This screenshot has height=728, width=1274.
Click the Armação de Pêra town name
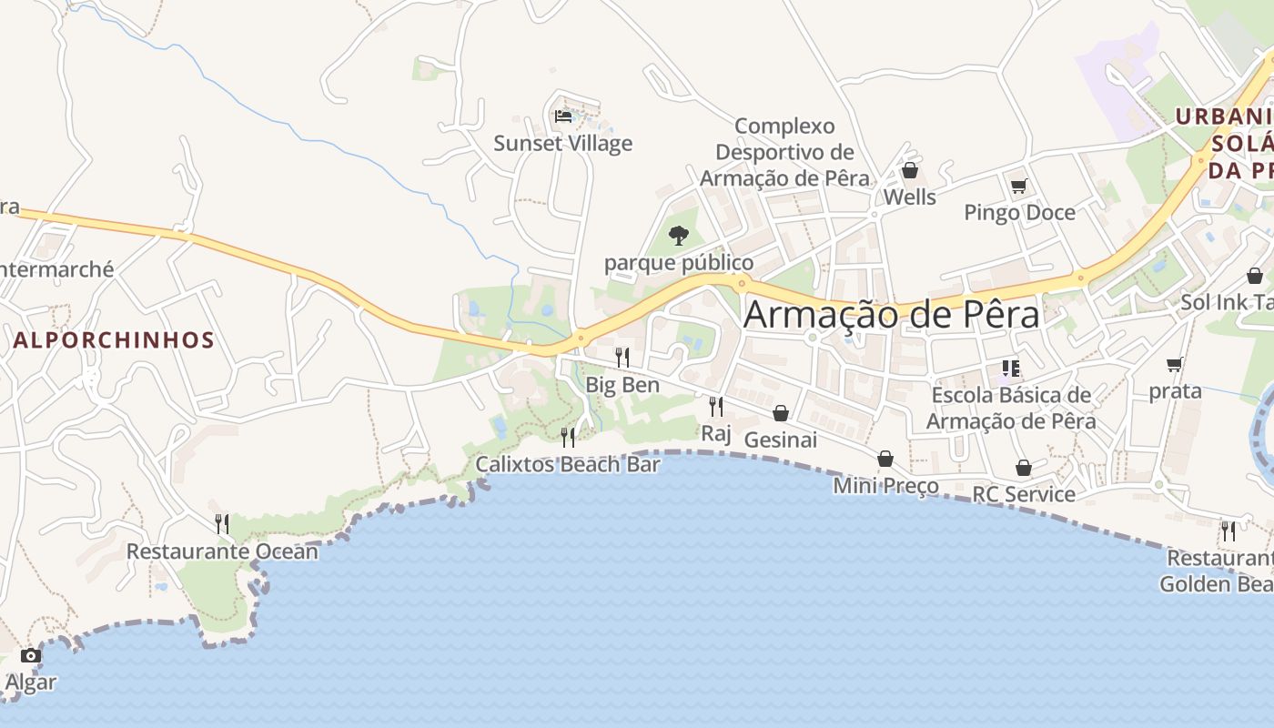pyautogui.click(x=891, y=315)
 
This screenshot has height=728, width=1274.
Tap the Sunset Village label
pyautogui.click(x=562, y=144)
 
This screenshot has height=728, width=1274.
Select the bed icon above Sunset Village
pyautogui.click(x=563, y=116)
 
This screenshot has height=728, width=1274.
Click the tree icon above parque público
pyautogui.click(x=678, y=236)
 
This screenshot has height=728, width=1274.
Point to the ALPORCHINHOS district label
pyautogui.click(x=114, y=340)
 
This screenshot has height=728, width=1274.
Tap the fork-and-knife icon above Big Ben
pyautogui.click(x=622, y=357)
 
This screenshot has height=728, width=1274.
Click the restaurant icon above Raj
pyautogui.click(x=716, y=406)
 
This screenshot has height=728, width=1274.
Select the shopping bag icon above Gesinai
pyautogui.click(x=780, y=413)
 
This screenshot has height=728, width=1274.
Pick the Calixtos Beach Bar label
pyautogui.click(x=568, y=464)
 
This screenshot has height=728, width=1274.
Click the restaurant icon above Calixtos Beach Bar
pyautogui.click(x=568, y=437)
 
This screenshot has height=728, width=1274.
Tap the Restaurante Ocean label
pyautogui.click(x=222, y=551)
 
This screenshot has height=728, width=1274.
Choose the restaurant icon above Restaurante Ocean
pyautogui.click(x=222, y=523)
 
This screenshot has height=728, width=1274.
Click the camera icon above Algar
pyautogui.click(x=30, y=655)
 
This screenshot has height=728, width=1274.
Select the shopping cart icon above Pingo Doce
pyautogui.click(x=1019, y=187)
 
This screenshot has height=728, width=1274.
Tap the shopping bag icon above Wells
pyautogui.click(x=909, y=170)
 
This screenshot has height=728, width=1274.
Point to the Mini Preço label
pyautogui.click(x=885, y=486)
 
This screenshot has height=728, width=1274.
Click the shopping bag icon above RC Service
pyautogui.click(x=1024, y=468)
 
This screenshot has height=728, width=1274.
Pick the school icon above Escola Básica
pyautogui.click(x=1010, y=369)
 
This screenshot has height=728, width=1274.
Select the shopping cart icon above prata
pyautogui.click(x=1175, y=365)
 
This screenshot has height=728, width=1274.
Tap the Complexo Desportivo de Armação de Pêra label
pyautogui.click(x=784, y=152)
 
